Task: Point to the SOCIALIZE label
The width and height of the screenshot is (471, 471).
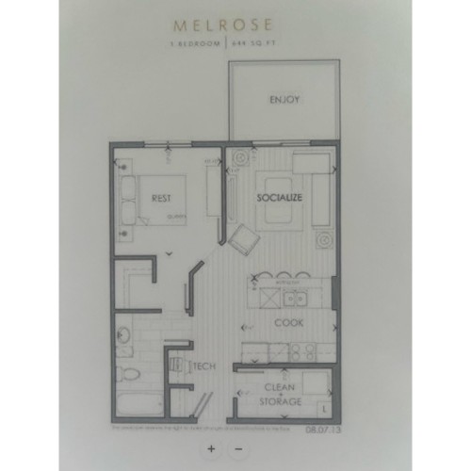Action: (x=279, y=198)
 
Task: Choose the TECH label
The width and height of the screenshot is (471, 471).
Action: (x=207, y=366)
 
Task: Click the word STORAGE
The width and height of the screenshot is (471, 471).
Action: (x=283, y=402)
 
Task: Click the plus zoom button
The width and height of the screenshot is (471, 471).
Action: (x=212, y=448)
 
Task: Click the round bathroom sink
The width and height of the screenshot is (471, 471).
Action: (x=123, y=333)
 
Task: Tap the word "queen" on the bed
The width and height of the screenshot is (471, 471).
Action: (x=173, y=216)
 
